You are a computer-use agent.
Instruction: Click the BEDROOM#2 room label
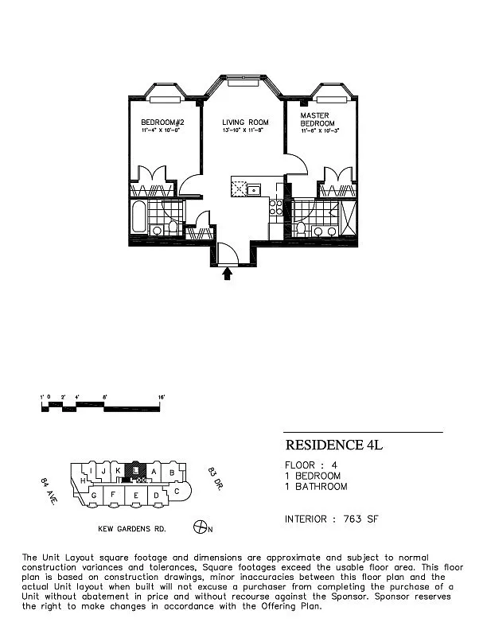pos(162,122)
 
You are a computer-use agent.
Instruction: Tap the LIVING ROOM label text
pos(245,122)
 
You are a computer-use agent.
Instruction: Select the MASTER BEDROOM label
pos(316,120)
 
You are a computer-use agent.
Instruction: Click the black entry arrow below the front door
pos(229,274)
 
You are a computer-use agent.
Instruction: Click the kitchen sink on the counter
pos(254,189)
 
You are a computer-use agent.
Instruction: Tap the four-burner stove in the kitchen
pos(276,208)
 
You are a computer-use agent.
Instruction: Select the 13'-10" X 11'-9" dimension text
pos(245,130)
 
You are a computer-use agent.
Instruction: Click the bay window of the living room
pos(245,82)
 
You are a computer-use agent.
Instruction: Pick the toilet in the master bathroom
pos(302,228)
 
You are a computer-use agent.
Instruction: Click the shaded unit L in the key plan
pos(137,471)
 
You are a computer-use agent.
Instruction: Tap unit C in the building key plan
pos(177,491)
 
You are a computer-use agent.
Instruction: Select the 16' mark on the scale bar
pos(162,396)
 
